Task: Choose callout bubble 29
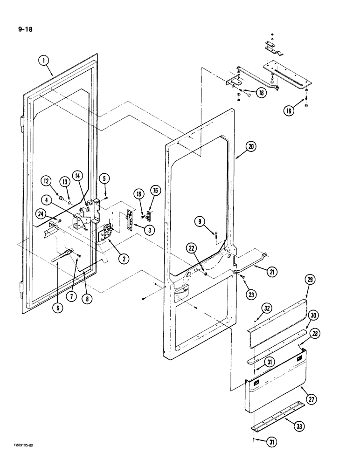pos(310,280)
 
